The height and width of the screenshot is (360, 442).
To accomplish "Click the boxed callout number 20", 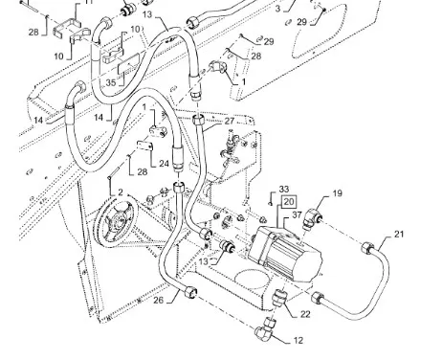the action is [x=289, y=202].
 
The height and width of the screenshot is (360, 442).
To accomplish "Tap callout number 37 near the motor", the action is [x=297, y=214].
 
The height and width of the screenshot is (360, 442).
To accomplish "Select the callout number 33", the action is [x=284, y=189].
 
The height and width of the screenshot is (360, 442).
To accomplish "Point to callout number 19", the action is [x=338, y=193].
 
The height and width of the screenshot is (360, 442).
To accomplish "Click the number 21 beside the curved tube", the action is [x=399, y=234].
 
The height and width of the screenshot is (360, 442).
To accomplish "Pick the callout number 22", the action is [x=305, y=314].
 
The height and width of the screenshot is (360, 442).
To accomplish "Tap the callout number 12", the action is [x=298, y=341].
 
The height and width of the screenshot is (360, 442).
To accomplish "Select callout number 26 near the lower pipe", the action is [x=159, y=300].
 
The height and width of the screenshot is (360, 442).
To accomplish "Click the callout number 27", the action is [x=230, y=121].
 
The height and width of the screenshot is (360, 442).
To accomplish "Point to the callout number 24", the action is [x=164, y=164].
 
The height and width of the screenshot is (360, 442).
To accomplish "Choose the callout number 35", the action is [x=111, y=82].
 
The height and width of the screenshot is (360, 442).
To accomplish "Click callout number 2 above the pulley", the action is [x=121, y=192].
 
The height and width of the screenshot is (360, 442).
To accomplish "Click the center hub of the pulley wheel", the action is [x=116, y=221].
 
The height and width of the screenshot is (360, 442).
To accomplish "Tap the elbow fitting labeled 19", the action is [x=312, y=217].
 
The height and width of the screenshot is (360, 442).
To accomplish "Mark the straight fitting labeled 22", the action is [x=279, y=297].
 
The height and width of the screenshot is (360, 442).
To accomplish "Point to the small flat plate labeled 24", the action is [x=145, y=146].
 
